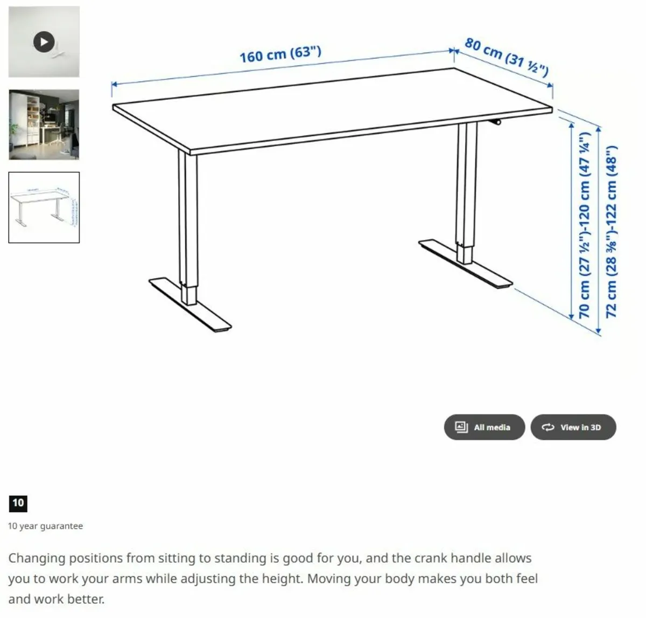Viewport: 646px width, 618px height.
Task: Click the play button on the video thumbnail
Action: point(44,41)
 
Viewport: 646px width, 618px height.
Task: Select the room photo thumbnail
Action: point(44,124)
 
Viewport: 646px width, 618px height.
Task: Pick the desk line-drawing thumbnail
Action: point(44,207)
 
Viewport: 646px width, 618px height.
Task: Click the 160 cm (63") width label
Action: point(280,54)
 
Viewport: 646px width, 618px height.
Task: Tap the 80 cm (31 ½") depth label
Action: point(506,57)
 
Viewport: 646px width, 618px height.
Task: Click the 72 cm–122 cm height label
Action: point(612,232)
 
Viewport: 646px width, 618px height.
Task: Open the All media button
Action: point(484,427)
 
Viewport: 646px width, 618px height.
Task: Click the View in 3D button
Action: point(573,427)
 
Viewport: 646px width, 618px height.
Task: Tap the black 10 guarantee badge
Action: point(18,503)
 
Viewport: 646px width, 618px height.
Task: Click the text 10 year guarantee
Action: point(45,526)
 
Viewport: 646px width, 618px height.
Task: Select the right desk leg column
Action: point(466,189)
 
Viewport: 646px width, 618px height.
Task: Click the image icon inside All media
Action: point(461,427)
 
